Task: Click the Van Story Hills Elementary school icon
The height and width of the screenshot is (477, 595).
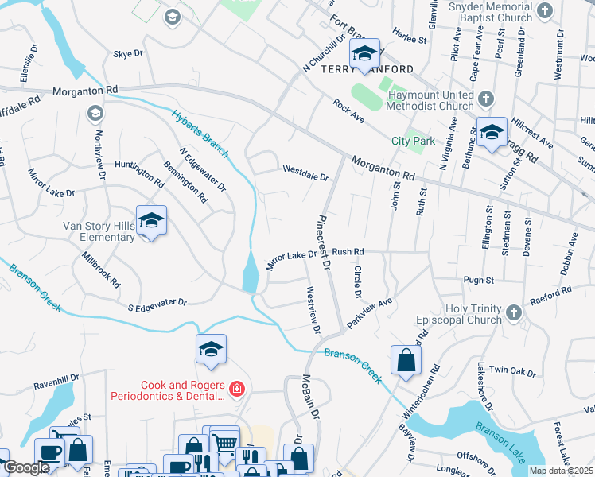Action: click(150, 222)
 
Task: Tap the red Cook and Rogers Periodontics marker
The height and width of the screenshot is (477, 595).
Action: click(236, 388)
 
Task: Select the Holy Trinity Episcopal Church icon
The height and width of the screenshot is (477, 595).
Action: click(513, 312)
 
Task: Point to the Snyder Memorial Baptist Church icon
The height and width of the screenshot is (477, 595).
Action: click(545, 10)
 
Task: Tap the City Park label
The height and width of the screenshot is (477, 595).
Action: click(413, 141)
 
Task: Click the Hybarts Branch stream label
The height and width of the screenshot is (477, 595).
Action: click(200, 131)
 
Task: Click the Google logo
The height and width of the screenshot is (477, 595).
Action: click(26, 467)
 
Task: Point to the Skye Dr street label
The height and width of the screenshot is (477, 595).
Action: click(128, 53)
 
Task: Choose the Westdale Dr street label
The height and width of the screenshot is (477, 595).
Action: click(305, 169)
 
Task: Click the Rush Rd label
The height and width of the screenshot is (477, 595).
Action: click(348, 251)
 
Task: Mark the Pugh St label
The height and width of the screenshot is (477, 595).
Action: click(478, 280)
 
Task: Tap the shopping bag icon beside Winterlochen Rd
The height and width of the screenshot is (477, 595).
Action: click(406, 359)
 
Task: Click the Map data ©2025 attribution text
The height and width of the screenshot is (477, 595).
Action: click(562, 471)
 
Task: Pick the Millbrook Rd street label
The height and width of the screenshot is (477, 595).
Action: click(101, 270)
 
